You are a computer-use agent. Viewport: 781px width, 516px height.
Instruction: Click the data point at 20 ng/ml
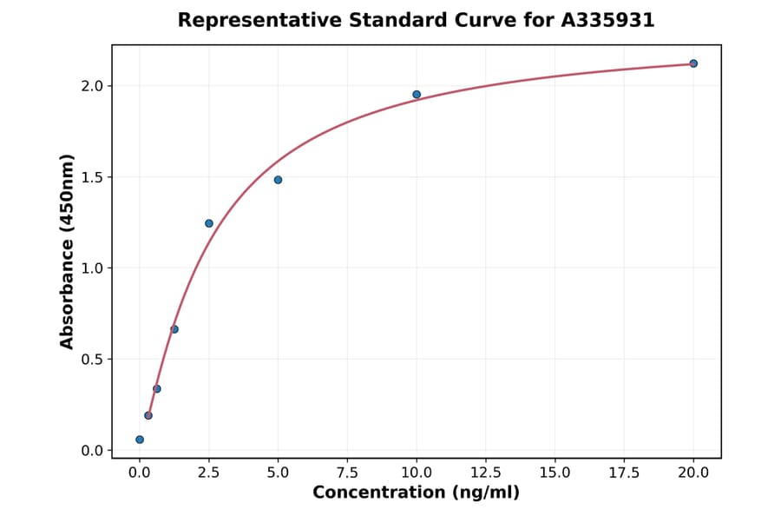point(693,63)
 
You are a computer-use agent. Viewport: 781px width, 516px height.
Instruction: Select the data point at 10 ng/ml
point(417,95)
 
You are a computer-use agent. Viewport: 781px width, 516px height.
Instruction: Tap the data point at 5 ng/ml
point(278,180)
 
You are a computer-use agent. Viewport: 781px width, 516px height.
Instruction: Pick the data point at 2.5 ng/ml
point(209,223)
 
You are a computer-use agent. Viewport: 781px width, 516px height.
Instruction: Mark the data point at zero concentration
point(140,440)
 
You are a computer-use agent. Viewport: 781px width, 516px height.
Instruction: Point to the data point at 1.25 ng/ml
point(174,329)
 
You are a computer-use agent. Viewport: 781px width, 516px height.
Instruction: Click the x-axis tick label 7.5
point(347,473)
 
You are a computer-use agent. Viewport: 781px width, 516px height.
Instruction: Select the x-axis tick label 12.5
point(486,473)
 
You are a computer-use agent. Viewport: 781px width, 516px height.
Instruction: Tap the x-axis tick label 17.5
point(624,473)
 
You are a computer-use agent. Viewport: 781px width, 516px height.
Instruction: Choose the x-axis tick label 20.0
point(693,473)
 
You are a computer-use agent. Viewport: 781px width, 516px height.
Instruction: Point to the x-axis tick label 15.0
point(555,473)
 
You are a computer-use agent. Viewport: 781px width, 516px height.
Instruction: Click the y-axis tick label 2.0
point(93,86)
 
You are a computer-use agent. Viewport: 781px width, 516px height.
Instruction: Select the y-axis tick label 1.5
point(93,177)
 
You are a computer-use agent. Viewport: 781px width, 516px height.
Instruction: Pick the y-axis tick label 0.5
point(93,360)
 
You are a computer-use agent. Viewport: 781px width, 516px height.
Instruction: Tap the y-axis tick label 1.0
point(93,268)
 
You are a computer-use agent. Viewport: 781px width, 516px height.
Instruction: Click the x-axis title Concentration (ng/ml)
point(416,493)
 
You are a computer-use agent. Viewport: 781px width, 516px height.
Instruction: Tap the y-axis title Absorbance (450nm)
point(68,251)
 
